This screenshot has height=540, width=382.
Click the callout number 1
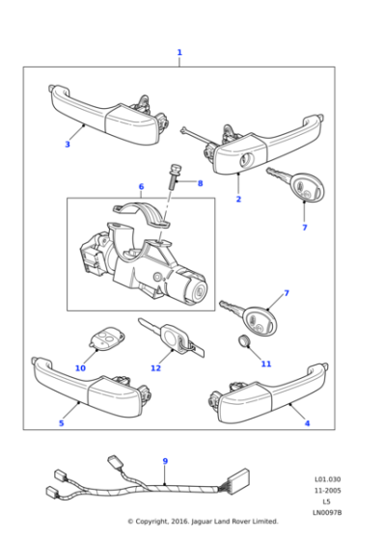(178, 52)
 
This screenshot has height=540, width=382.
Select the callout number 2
(238, 200)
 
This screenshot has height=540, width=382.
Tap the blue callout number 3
(68, 145)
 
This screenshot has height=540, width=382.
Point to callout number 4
(307, 422)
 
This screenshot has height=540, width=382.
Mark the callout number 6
(141, 186)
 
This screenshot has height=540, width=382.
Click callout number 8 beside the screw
(200, 182)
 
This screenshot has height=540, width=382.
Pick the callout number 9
(165, 461)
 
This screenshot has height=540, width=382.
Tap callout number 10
(80, 367)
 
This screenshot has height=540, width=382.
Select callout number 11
(266, 364)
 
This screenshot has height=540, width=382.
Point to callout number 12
(155, 367)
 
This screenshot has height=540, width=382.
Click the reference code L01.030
(327, 479)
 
